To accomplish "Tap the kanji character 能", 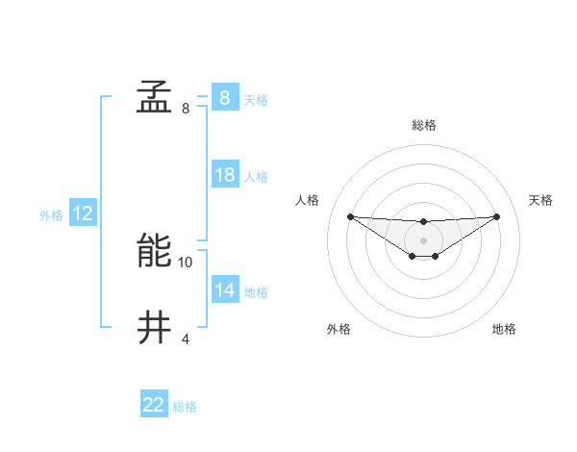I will coord(154,251).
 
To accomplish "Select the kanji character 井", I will coord(154,327).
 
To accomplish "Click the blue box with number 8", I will coord(224,98).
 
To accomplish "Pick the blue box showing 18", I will coord(224,175).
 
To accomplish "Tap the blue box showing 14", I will coord(224,290).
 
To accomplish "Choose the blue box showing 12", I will coord(82,214).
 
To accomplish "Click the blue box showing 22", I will coord(153,405).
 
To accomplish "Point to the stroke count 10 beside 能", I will coord(186,262).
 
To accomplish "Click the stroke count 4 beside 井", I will coord(186,339).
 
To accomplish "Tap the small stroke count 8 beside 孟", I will coord(186,109).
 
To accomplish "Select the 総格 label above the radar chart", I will coord(423,125).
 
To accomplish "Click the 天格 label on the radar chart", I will coord(540,200).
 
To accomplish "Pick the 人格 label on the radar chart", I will coord(307,200).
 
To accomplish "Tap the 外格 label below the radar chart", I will coord(338,329).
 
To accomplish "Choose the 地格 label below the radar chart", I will coord(504,329).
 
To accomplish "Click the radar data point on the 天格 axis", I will coord(496,216).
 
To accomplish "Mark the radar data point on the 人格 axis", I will coord(350,216).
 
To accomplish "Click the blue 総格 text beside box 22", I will coord(185,407).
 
